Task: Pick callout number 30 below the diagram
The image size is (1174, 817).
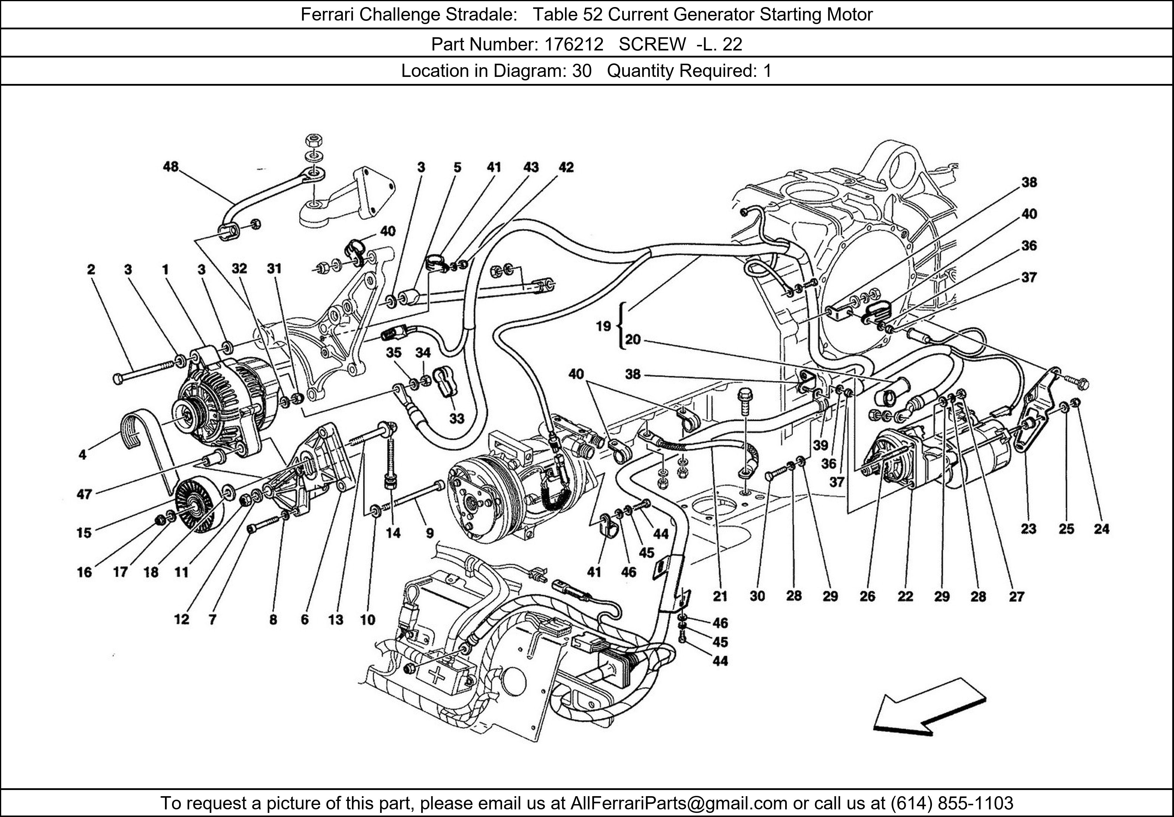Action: (757, 596)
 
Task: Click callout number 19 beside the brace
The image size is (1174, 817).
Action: (603, 326)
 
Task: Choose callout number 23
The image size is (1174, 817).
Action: (1028, 529)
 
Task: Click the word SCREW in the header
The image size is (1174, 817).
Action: (652, 45)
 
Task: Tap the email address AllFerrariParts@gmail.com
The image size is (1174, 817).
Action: (679, 803)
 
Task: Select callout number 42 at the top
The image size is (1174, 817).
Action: (566, 167)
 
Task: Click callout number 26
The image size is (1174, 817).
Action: (867, 596)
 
